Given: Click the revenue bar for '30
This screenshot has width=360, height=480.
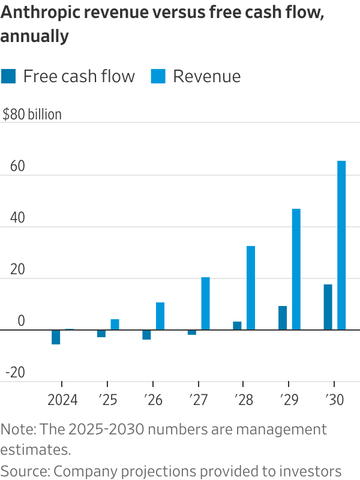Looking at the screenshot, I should click(341, 245).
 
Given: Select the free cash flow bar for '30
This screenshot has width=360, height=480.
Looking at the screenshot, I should click(328, 307).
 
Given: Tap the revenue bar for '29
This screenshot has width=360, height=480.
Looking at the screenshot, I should click(296, 269).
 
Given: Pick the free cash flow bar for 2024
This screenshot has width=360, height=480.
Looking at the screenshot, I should click(56, 337).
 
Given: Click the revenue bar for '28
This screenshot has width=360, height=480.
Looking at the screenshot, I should click(251, 288).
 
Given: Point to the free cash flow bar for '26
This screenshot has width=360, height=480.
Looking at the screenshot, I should click(146, 334).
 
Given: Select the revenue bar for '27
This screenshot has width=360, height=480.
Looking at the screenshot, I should click(205, 303).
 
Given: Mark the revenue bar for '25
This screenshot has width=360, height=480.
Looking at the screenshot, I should click(115, 324).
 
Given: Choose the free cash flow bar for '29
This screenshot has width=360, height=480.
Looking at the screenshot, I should click(283, 317).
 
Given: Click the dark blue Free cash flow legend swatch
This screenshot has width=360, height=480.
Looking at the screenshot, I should click(8, 76).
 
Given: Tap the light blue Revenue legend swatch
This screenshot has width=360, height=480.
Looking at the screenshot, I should click(158, 76).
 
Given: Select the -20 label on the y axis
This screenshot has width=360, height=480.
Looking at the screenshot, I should click(14, 373).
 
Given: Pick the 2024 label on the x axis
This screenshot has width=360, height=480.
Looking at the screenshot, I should click(62, 400).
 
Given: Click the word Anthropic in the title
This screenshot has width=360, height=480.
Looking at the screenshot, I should click(38, 14).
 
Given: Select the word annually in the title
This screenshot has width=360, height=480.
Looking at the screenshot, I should click(35, 37).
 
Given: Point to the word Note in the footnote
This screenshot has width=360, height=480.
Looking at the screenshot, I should click(16, 430).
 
